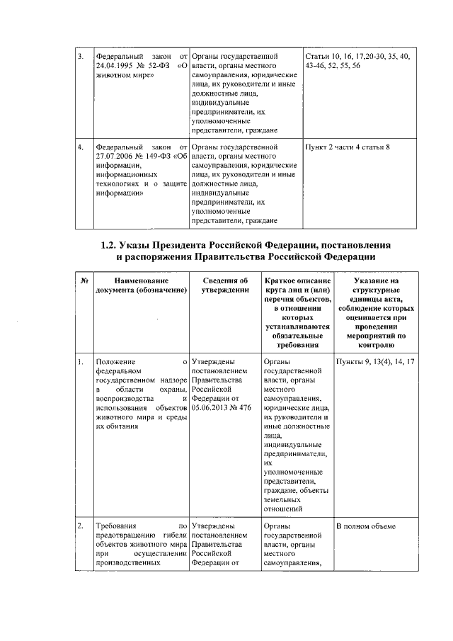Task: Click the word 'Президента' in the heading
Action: point(192,245)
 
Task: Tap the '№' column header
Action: point(84,281)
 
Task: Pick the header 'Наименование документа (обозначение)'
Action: point(141,285)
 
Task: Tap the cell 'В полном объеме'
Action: point(366,526)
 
